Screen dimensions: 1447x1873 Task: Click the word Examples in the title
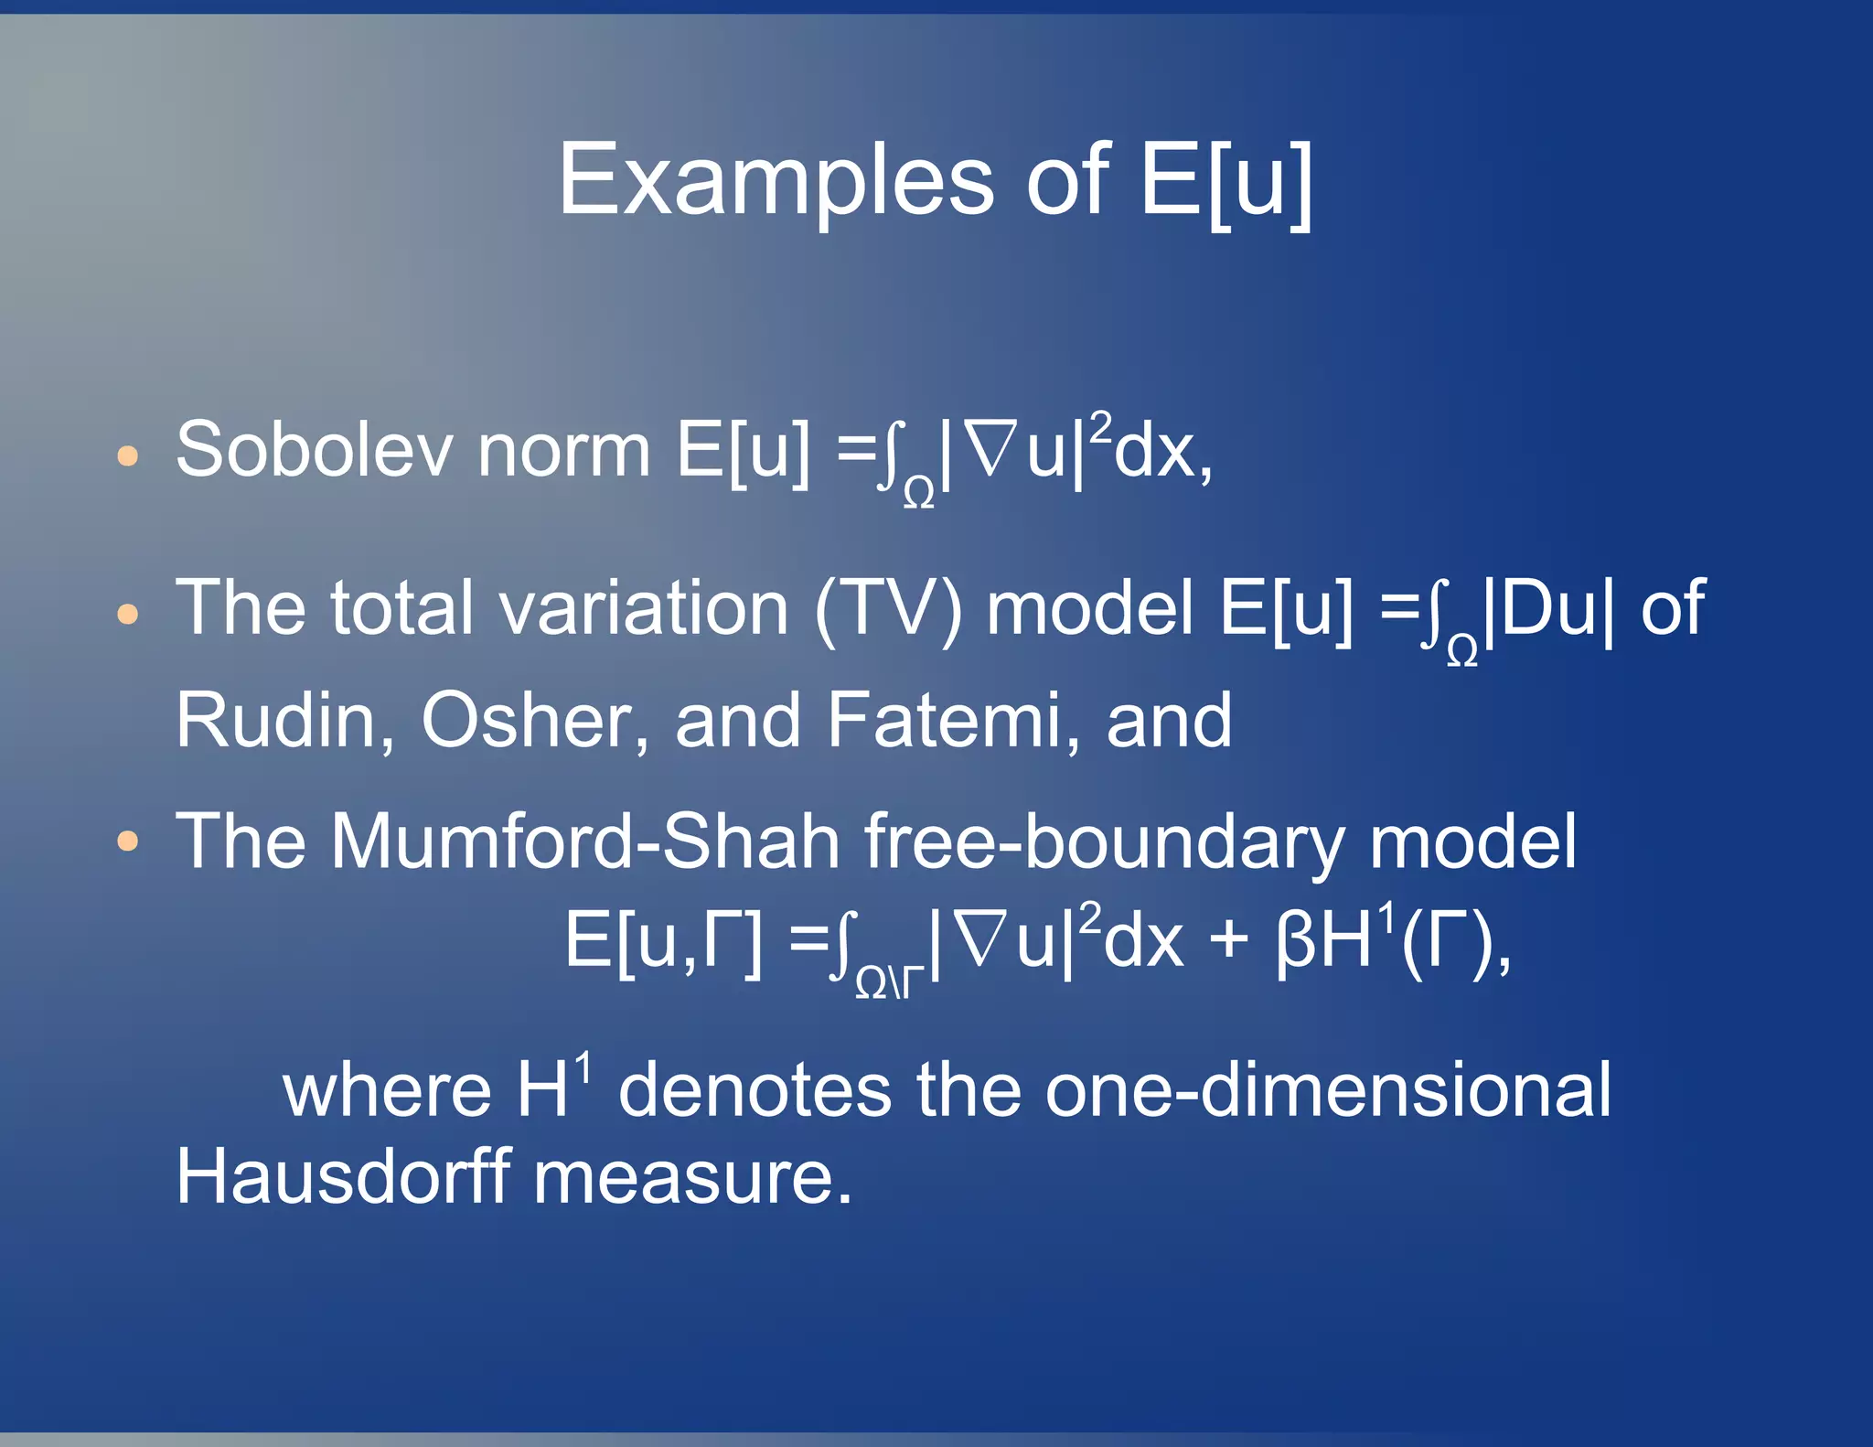click(776, 181)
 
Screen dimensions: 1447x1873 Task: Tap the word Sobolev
click(314, 450)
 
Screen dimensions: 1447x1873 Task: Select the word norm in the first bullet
click(563, 450)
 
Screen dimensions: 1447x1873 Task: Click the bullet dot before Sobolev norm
click(128, 456)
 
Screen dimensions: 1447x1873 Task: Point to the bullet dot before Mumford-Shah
click(128, 841)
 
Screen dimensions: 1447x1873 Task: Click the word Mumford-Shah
click(585, 841)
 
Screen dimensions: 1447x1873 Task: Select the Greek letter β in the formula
click(1294, 940)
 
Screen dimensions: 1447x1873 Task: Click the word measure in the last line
click(692, 1178)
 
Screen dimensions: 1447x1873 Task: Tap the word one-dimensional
click(1328, 1090)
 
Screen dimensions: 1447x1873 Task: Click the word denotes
click(755, 1090)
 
